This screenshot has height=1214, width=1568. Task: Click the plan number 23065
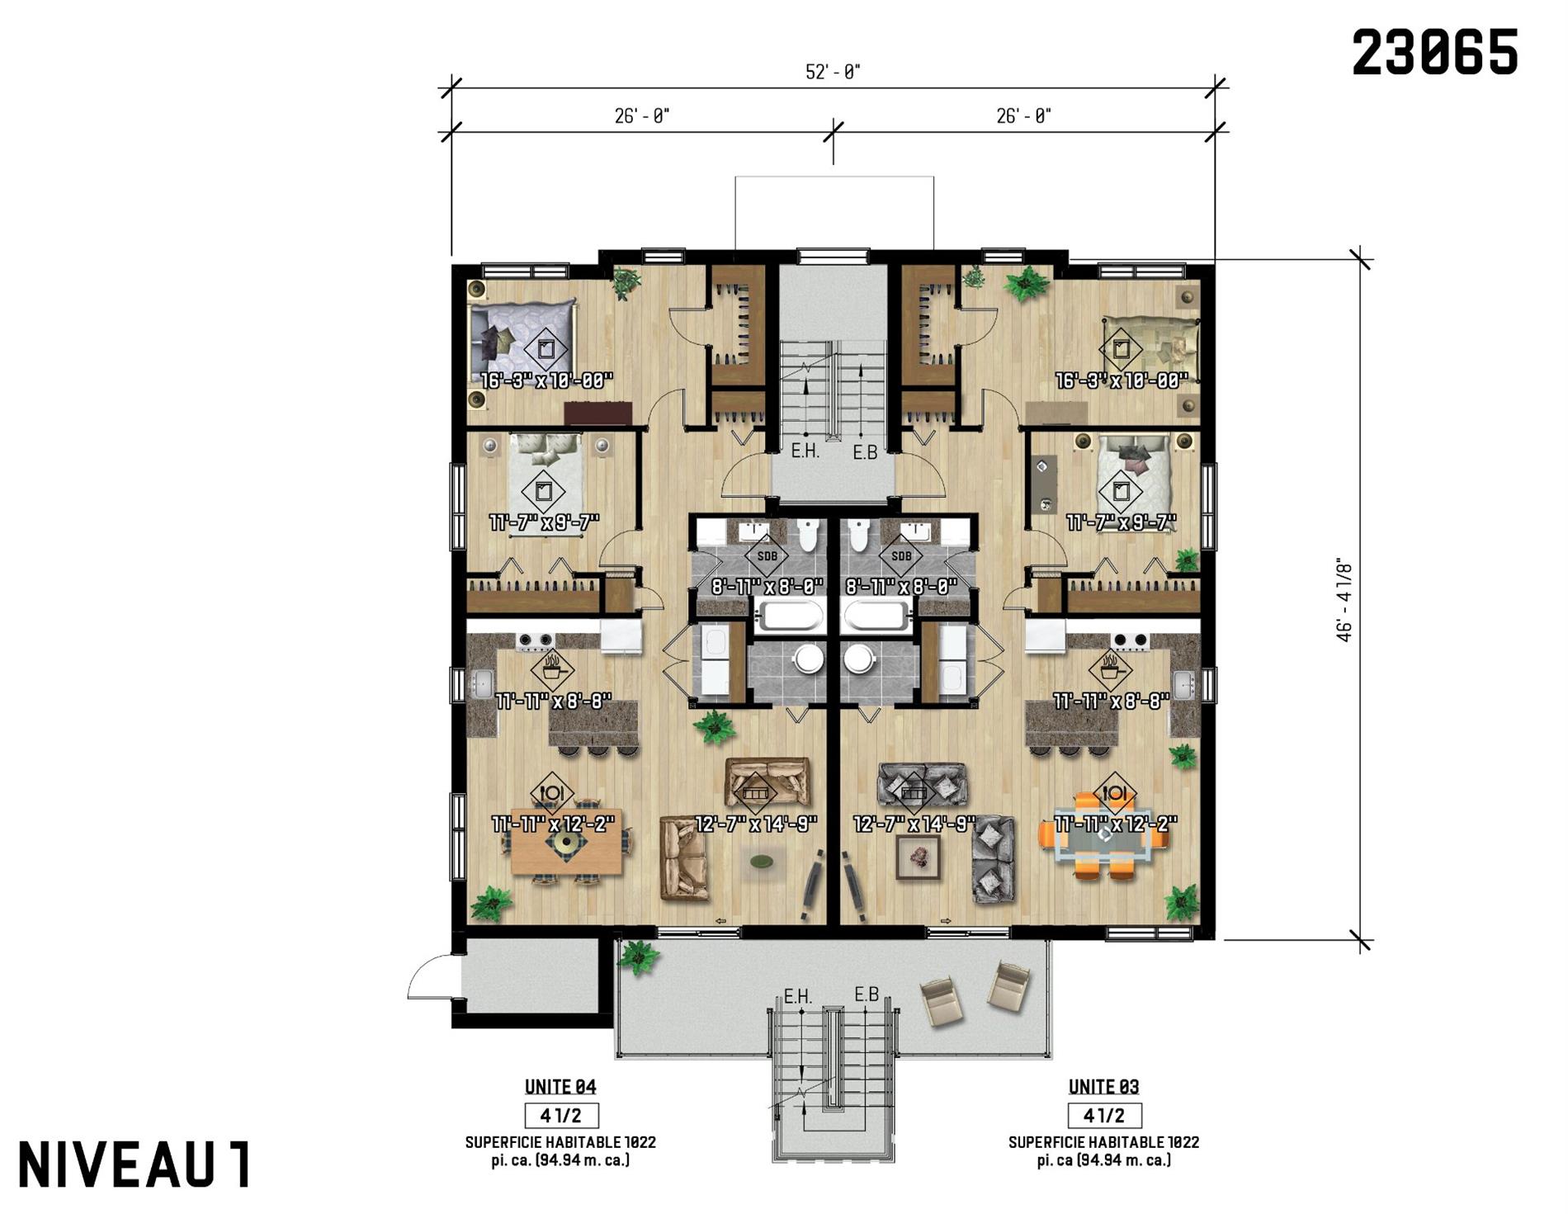[1435, 52]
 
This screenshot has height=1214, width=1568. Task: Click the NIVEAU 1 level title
[134, 1164]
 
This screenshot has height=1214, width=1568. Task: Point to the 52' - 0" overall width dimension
[833, 72]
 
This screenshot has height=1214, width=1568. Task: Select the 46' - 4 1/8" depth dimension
[1344, 598]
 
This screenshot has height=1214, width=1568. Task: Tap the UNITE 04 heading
[560, 1087]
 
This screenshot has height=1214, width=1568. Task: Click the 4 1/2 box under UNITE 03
[1104, 1116]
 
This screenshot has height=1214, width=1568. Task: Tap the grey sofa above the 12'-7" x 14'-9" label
[923, 783]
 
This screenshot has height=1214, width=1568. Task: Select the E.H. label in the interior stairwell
[805, 451]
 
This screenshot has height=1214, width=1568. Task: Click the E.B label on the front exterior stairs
[867, 994]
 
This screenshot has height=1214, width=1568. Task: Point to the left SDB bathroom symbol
[767, 556]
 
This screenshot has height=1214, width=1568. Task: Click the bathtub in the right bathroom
[876, 616]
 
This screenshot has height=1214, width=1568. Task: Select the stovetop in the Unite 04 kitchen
[535, 640]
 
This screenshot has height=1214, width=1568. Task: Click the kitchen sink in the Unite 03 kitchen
[1184, 684]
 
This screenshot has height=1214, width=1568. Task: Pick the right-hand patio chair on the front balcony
[1009, 985]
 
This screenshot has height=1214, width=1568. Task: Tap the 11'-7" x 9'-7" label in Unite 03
[1121, 522]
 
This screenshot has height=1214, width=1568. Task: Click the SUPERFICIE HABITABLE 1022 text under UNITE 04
[560, 1142]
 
